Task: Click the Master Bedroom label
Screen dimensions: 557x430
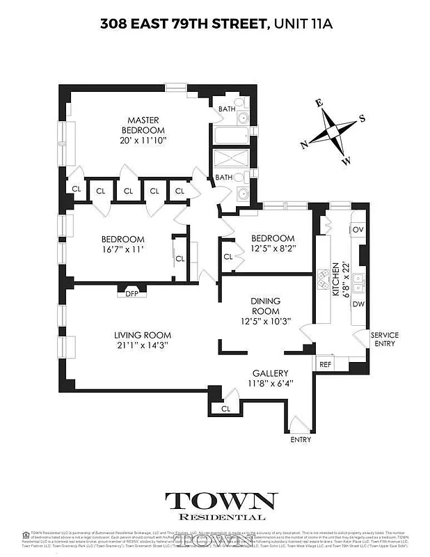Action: tap(143, 125)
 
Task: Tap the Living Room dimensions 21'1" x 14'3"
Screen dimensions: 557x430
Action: tap(142, 345)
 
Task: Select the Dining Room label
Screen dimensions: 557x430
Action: tap(265, 306)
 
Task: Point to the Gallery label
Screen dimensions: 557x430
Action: tap(265, 373)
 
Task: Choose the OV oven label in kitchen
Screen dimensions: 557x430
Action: tap(358, 230)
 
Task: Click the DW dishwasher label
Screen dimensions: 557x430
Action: tap(358, 304)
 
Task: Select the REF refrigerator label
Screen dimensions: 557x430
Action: tap(325, 364)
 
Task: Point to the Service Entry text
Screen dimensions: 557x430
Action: tap(384, 339)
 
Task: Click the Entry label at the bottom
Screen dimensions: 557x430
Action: tap(301, 441)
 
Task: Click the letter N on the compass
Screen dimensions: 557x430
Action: tap(304, 145)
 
